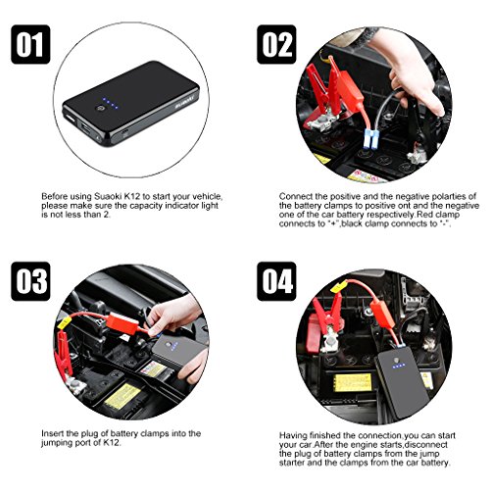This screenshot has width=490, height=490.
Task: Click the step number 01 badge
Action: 30,44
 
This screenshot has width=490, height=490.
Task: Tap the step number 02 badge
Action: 276,44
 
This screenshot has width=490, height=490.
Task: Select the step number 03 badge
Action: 30,281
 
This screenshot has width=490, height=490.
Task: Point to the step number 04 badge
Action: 276,281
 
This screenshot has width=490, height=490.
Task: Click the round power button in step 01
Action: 100,110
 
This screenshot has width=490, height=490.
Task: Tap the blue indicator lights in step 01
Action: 110,103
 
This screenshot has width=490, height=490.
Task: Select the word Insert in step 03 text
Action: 53,433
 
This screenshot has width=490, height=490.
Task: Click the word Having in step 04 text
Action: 293,436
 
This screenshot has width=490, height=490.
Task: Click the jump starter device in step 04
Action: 401,382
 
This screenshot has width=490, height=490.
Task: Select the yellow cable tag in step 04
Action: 339,286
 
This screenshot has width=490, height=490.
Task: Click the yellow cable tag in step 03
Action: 64,322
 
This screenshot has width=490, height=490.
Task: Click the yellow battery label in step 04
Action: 354,383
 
